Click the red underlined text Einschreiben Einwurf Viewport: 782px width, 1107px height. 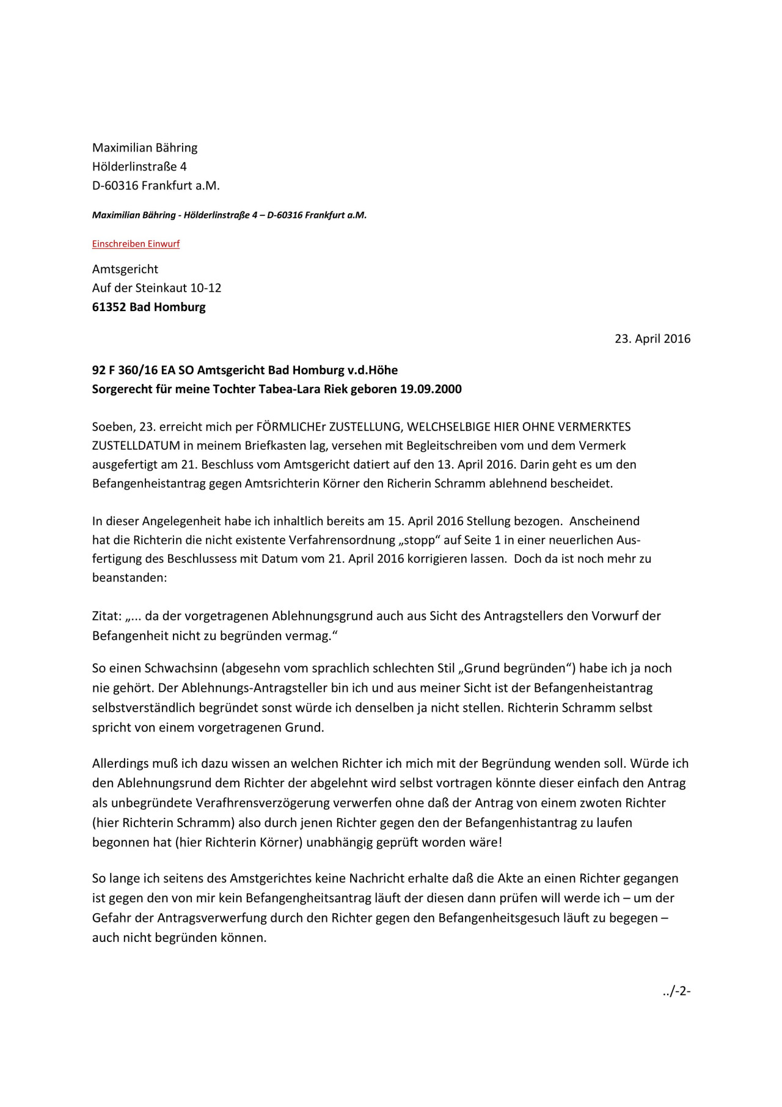136,244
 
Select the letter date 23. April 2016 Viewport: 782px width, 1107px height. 652,339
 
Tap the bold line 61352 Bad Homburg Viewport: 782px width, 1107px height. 148,307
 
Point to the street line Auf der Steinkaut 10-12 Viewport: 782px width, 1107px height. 156,288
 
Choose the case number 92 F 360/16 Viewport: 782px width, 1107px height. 125,370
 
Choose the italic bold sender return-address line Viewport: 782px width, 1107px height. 229,215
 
